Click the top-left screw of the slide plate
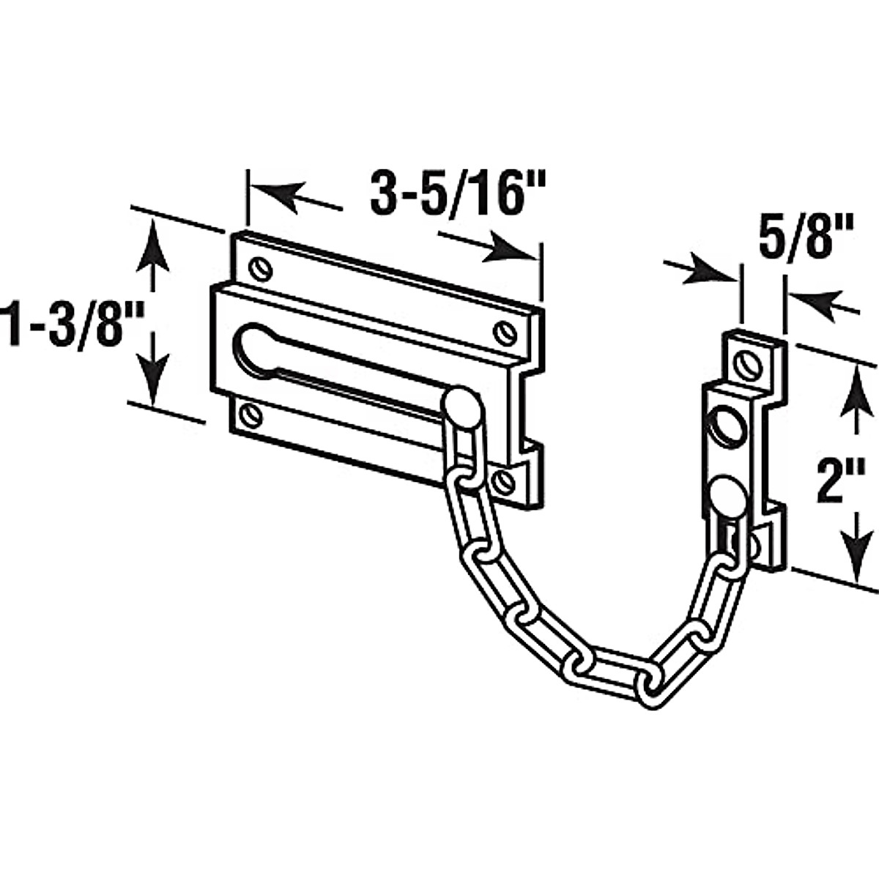point(259,270)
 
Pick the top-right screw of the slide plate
point(504,333)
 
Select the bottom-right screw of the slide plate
point(504,481)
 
